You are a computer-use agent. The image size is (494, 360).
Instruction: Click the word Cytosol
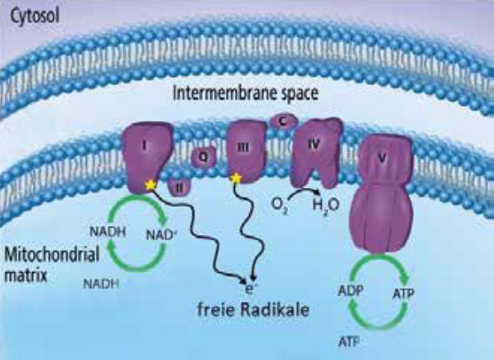point(35,17)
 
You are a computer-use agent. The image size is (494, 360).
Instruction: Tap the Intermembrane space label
point(246,93)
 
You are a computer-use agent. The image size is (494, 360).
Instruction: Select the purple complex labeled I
point(148,156)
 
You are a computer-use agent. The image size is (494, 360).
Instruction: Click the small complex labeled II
point(180,188)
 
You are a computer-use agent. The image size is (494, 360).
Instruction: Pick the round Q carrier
point(204,156)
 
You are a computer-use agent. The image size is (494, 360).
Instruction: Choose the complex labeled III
point(247,152)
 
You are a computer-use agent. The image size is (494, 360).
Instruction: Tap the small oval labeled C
point(283,121)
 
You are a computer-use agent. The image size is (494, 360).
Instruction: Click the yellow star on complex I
point(151,185)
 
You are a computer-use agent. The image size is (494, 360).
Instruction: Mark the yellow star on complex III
point(235,178)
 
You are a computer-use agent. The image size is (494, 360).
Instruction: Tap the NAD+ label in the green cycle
point(160,235)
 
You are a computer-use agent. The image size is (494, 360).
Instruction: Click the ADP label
point(351,290)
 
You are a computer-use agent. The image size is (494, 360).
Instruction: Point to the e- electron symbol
point(249,289)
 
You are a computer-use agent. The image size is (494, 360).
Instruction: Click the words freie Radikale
point(253,309)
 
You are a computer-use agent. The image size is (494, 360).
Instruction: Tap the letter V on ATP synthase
point(381,158)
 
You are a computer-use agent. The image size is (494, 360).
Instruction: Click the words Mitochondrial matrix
point(51,265)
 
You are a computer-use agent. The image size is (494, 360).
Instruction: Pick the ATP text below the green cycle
point(349,342)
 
